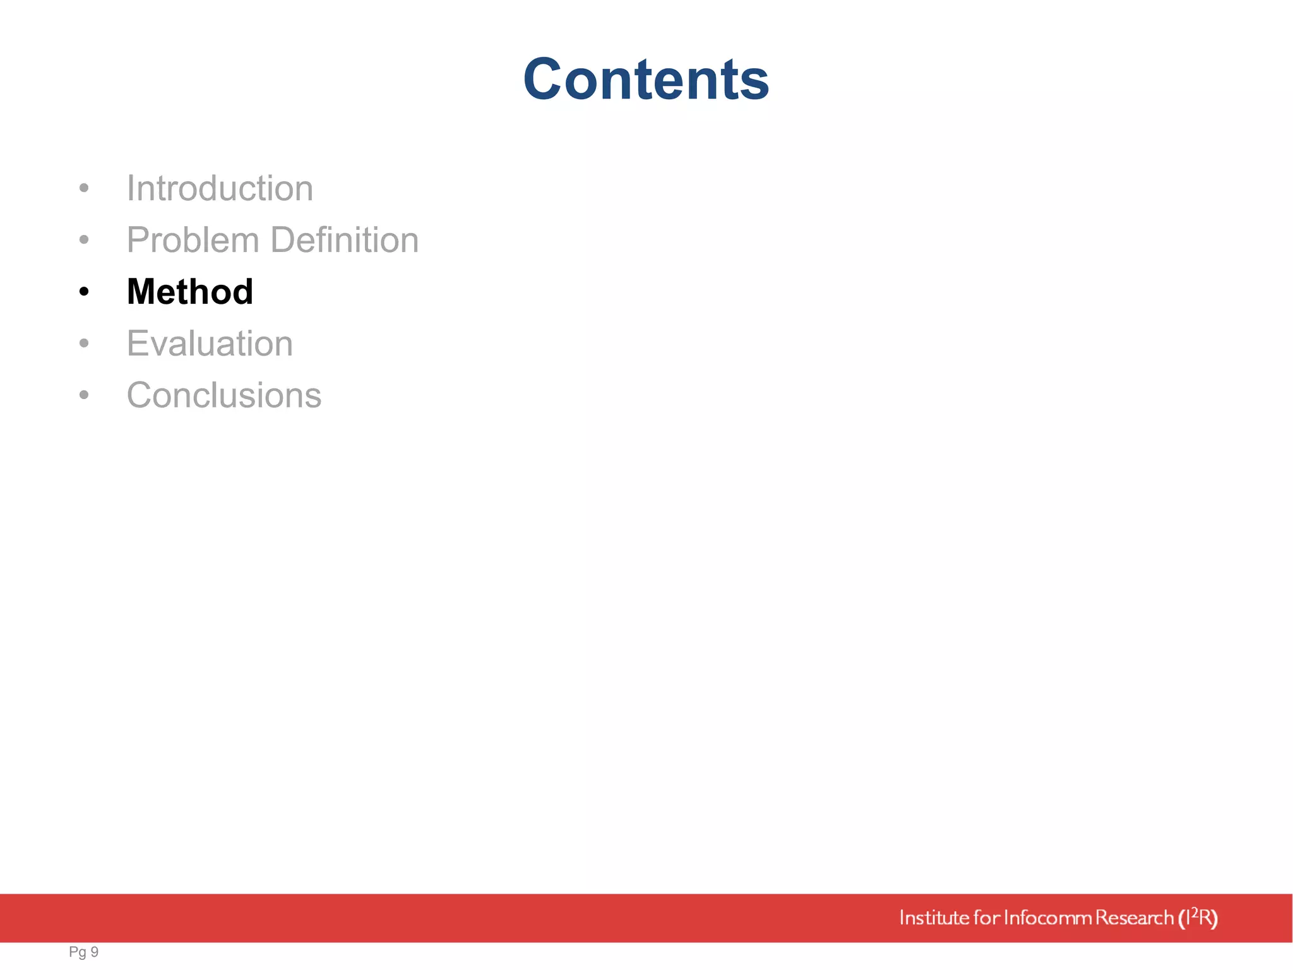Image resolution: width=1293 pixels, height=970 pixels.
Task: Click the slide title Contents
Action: pyautogui.click(x=646, y=79)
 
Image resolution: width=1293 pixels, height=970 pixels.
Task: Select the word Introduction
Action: pyautogui.click(x=220, y=188)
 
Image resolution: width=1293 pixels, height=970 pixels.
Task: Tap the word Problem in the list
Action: pyautogui.click(x=193, y=240)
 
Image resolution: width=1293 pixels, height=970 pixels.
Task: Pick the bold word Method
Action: pyautogui.click(x=190, y=292)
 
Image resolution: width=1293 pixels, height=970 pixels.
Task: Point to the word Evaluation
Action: pyautogui.click(x=210, y=344)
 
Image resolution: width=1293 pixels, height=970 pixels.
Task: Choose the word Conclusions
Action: pyautogui.click(x=224, y=395)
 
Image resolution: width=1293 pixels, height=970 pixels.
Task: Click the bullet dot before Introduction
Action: pyautogui.click(x=84, y=188)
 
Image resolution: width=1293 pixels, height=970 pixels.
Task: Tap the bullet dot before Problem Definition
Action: pyautogui.click(x=84, y=240)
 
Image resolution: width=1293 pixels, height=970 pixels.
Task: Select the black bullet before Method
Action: pyautogui.click(x=84, y=292)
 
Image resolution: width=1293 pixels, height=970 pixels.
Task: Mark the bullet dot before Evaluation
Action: pyautogui.click(x=84, y=344)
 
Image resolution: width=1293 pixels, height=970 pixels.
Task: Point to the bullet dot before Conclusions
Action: pyautogui.click(x=84, y=395)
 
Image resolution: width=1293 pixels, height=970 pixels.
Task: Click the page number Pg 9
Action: pyautogui.click(x=83, y=952)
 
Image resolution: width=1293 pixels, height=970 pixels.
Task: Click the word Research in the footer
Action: pyautogui.click(x=1134, y=918)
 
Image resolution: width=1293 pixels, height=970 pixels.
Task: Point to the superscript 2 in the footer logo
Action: pyautogui.click(x=1194, y=911)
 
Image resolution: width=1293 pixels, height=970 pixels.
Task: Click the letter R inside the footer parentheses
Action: pyautogui.click(x=1205, y=918)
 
